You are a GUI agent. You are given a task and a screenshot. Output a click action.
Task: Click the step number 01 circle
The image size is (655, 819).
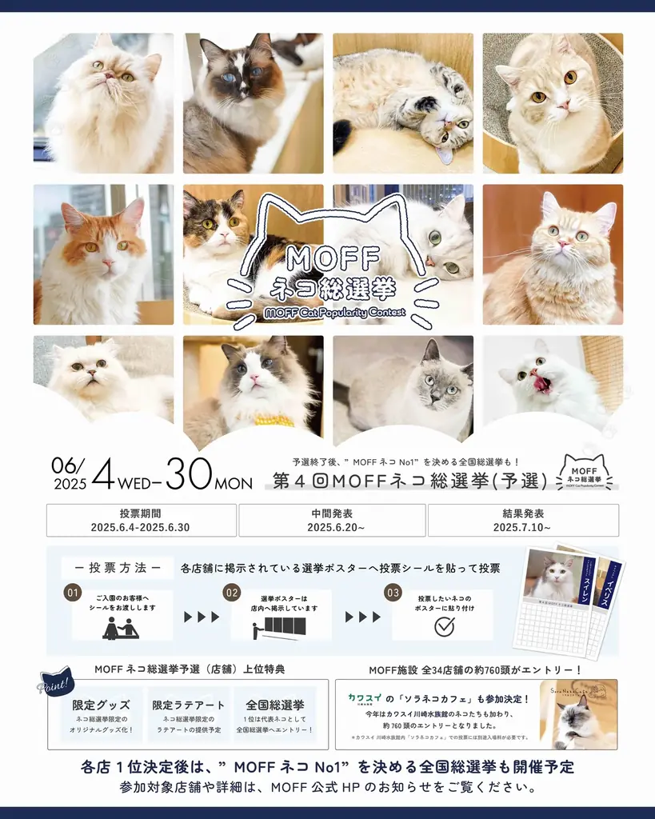coord(74,593)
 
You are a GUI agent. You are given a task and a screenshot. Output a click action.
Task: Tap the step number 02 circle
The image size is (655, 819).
coord(232,593)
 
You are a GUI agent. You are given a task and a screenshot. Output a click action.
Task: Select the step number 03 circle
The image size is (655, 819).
coord(393,593)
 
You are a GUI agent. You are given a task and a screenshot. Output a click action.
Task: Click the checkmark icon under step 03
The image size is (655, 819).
coord(444,626)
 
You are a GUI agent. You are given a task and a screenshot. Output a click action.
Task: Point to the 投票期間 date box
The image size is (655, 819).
coord(142,520)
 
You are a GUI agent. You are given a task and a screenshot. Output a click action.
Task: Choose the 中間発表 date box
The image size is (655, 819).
coord(332,520)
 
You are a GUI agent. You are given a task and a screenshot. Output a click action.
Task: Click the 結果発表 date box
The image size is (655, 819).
coord(523,520)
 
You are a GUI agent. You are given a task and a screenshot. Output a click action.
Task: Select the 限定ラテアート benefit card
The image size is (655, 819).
coord(187,713)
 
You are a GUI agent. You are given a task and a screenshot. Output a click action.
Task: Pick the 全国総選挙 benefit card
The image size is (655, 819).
coord(275,713)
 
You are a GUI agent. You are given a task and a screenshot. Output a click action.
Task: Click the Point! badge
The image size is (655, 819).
coord(55,685)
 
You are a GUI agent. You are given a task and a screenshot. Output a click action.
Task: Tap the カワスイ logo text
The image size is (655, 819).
coord(364,697)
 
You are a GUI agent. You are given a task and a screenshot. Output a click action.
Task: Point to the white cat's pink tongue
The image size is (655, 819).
coord(542,385)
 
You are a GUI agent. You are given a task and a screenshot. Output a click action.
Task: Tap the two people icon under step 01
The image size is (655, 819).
coord(121,628)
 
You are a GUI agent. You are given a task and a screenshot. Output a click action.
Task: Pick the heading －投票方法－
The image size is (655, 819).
coord(118,568)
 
